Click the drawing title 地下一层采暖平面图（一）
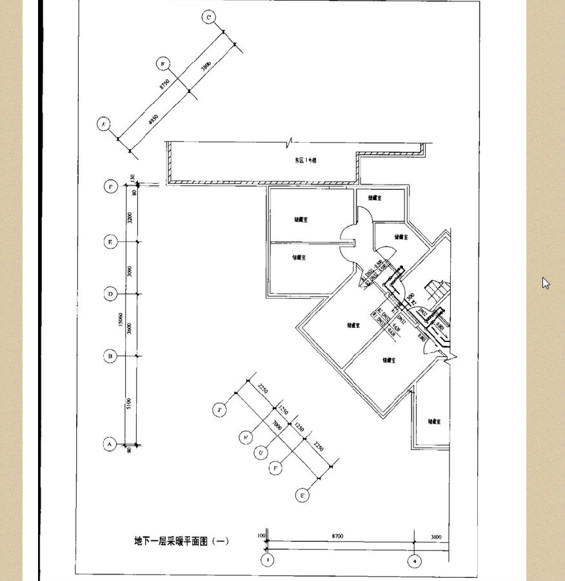181,541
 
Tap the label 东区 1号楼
306,160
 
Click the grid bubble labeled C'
208,17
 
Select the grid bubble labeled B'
163,63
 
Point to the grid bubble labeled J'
220,410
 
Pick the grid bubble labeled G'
261,453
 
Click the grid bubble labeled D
111,294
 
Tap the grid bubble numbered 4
415,562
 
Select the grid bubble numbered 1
267,560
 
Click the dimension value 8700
337,536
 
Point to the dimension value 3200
130,216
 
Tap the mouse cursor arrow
546,283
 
